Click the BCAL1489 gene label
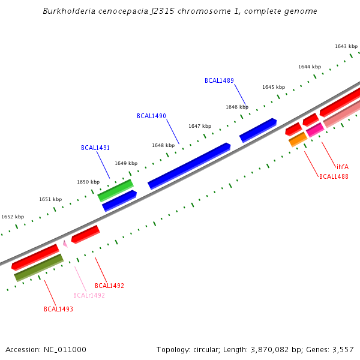(219, 80)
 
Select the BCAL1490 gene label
(151, 116)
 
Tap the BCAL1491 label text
(95, 148)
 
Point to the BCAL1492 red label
(109, 286)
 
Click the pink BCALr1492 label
(89, 295)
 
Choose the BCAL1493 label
(58, 310)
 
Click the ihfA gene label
(342, 167)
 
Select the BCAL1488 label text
(334, 177)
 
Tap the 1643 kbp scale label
(346, 46)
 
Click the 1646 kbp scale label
(237, 107)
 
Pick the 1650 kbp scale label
(88, 182)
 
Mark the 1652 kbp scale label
(13, 217)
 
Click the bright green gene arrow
(115, 190)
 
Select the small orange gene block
(298, 140)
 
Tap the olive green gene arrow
(38, 268)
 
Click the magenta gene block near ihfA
(315, 130)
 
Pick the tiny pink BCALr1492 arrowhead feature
(65, 244)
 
